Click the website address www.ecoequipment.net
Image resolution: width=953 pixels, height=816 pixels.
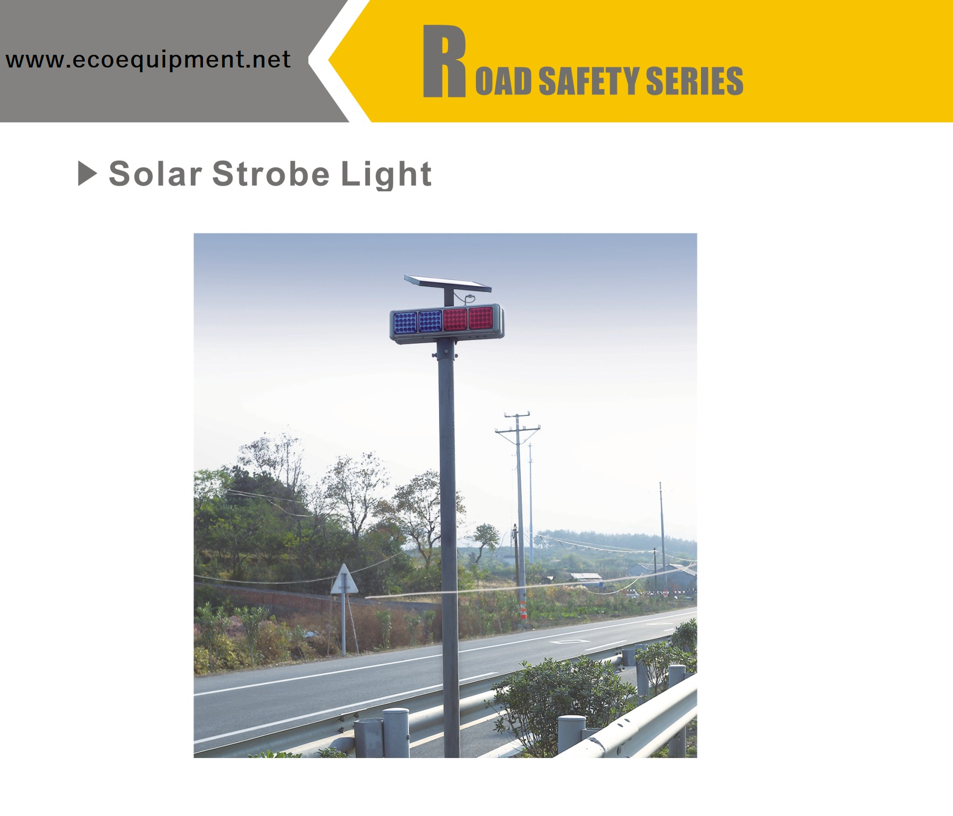click(148, 60)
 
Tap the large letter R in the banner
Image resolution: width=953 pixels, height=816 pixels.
click(444, 62)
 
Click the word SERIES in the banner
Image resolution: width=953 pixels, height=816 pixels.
click(694, 81)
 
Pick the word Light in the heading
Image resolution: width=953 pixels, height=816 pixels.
click(386, 174)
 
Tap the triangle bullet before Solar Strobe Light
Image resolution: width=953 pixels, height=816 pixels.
click(87, 173)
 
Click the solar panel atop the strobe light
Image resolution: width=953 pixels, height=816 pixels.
click(448, 284)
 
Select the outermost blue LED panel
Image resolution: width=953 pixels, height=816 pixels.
click(405, 322)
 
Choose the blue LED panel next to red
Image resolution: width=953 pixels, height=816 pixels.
click(430, 320)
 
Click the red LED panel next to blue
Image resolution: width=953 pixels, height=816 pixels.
click(455, 319)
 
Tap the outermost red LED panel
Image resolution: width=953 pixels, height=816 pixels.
click(481, 318)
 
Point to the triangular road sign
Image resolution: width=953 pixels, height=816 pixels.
click(344, 580)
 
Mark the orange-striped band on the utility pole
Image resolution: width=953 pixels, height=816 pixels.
click(523, 612)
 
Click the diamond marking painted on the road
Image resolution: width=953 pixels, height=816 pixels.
click(570, 642)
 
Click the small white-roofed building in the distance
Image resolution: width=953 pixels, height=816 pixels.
click(586, 577)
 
